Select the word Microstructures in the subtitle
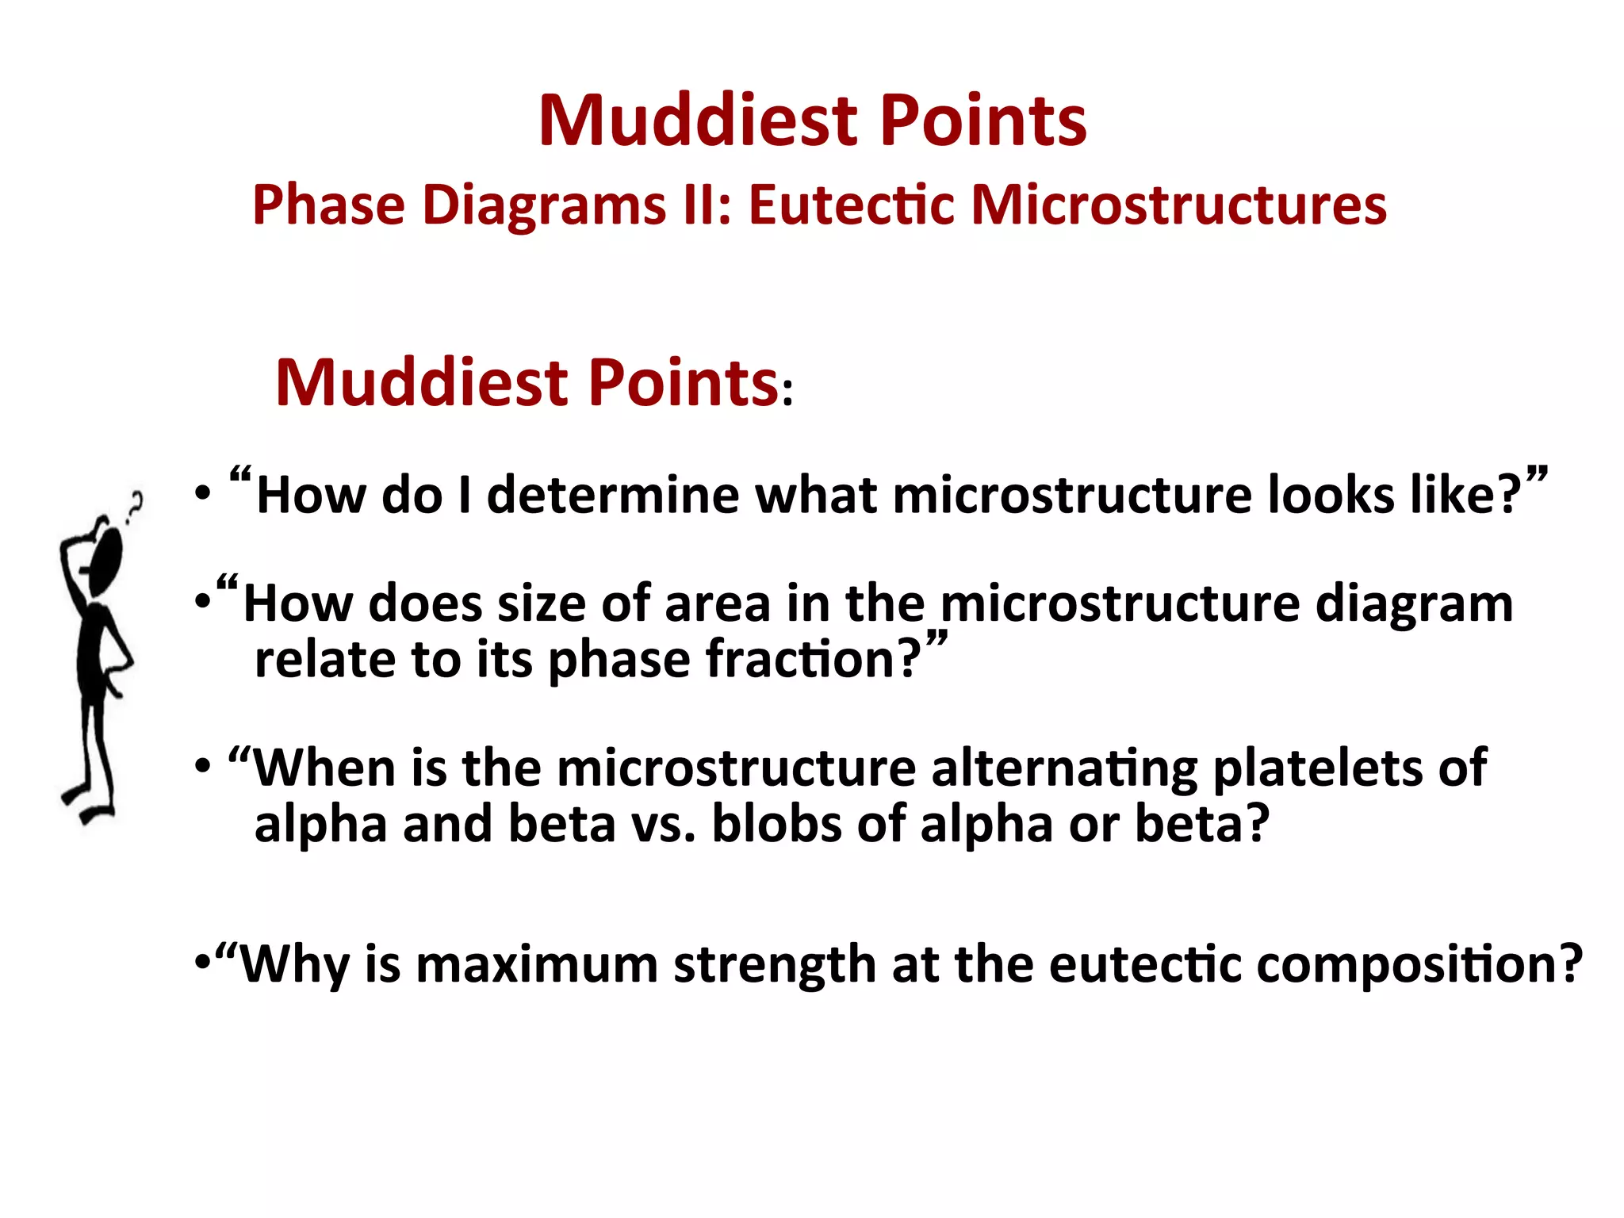tap(1178, 205)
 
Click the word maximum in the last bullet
tap(537, 965)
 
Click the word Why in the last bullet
tap(294, 965)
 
